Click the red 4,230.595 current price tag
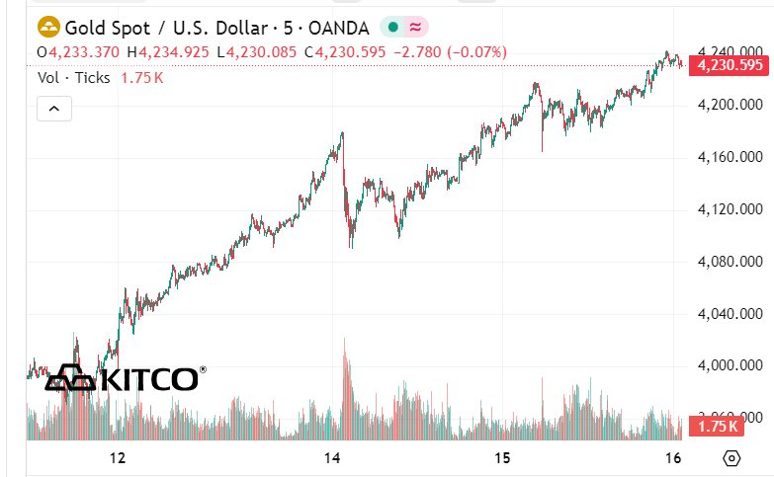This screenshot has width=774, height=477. tap(730, 66)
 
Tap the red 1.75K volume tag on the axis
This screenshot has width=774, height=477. tap(717, 427)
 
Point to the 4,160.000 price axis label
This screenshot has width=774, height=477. tap(730, 157)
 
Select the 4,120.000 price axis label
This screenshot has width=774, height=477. tap(730, 209)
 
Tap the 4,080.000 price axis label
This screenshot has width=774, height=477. tap(730, 262)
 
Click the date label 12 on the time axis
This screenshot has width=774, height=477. tap(118, 458)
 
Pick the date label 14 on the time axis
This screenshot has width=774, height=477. tap(333, 458)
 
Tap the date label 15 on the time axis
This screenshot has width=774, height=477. tap(502, 458)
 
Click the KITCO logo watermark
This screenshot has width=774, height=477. tap(127, 378)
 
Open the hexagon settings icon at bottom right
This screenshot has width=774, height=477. tap(731, 458)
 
